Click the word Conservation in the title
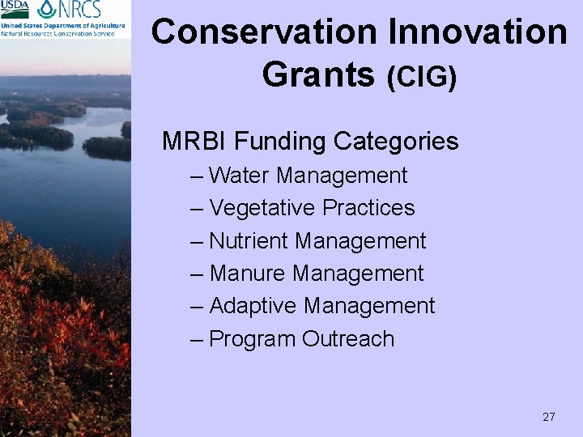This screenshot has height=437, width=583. pos(265,32)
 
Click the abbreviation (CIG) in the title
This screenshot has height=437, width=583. pos(421,77)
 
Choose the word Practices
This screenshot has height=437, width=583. pos(368,208)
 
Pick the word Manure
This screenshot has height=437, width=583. pos(248,274)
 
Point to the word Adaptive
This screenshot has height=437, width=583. pos(253,307)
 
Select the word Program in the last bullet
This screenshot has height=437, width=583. pos(253,340)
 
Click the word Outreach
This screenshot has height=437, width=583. pos(348,339)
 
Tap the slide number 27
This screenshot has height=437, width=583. pos(548,417)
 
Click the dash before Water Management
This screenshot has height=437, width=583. pos(197,176)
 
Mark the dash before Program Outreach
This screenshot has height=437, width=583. pos(197,339)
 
